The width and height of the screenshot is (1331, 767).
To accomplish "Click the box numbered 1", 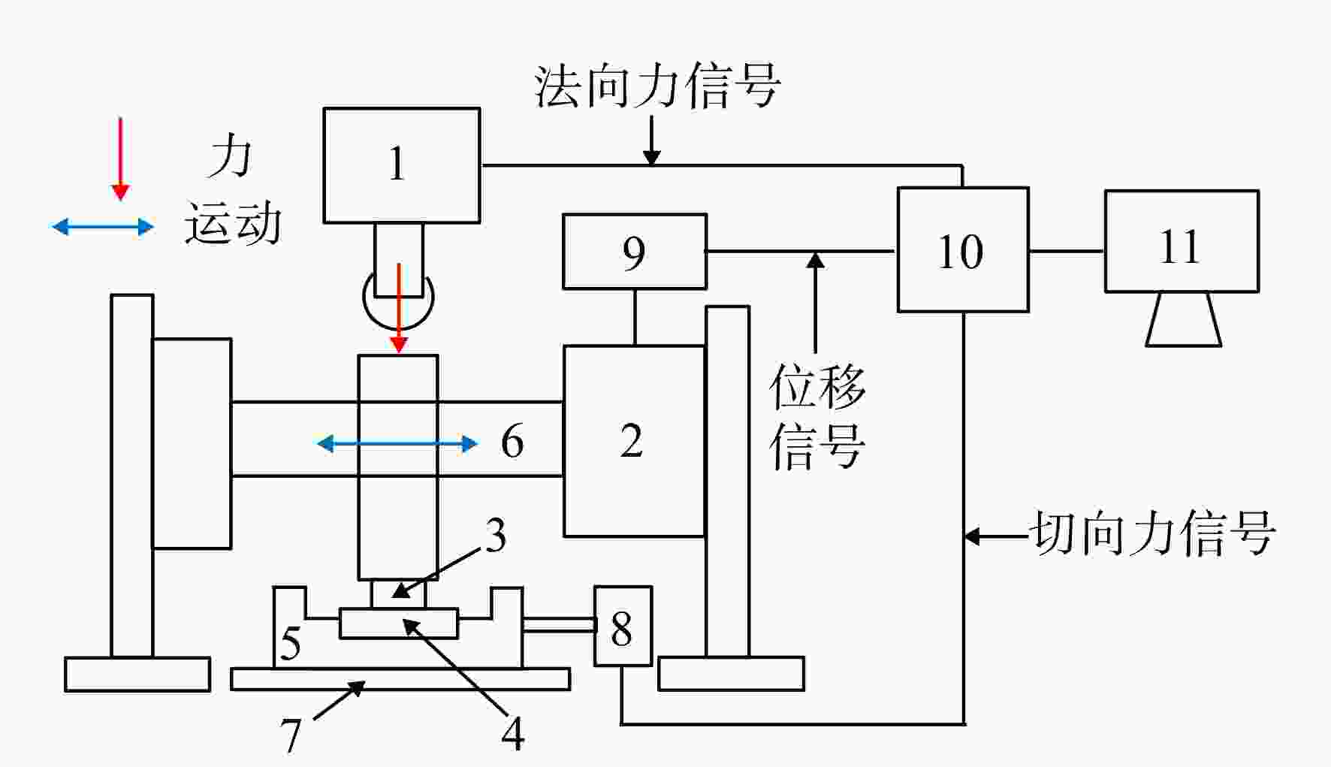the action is (x=402, y=165).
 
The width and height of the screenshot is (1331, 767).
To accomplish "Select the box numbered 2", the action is (x=634, y=441).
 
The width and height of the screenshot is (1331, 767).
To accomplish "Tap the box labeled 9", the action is (x=635, y=252).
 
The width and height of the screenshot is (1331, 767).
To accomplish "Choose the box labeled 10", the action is (x=963, y=249).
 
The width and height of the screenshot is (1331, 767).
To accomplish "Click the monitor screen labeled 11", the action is (x=1182, y=241).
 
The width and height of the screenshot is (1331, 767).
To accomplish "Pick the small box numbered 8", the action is (x=623, y=626).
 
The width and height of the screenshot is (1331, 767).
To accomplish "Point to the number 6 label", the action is (x=512, y=441).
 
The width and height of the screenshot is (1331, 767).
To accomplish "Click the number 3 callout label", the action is (x=495, y=536).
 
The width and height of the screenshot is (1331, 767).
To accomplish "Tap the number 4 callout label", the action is (x=513, y=734).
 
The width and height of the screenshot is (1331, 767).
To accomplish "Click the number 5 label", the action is (x=291, y=643).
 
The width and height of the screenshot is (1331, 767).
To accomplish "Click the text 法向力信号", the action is (x=657, y=86).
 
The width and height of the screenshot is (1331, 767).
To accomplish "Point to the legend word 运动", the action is (x=233, y=223).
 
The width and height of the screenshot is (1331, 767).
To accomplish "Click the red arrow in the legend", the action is (x=120, y=159).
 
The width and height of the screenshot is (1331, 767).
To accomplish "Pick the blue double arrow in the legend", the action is (x=102, y=226).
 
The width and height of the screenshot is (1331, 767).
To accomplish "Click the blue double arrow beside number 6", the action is (x=397, y=444).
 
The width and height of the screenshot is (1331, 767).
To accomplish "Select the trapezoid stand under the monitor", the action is (x=1183, y=319).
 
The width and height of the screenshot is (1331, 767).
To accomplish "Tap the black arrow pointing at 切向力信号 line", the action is (x=996, y=536).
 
